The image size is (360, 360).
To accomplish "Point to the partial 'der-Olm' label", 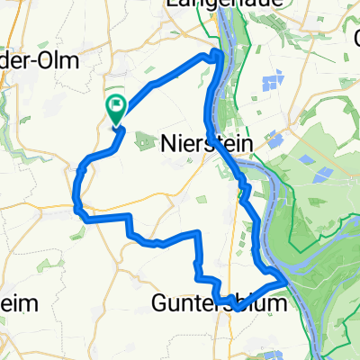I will (x=40, y=61).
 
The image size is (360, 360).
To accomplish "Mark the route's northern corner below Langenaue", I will (x=218, y=56).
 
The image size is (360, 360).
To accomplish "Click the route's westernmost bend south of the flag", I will (x=75, y=191).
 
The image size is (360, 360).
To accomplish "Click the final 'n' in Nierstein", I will (x=246, y=143).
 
